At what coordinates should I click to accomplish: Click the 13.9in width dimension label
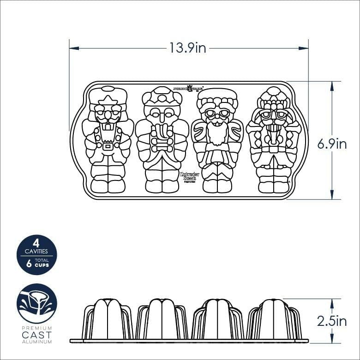click(188, 48)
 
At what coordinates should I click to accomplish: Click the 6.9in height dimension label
click(331, 144)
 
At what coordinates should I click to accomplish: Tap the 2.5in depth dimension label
click(331, 321)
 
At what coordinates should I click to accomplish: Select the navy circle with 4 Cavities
click(37, 255)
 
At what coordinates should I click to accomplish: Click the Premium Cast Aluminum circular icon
click(37, 304)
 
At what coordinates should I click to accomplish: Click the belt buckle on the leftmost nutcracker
click(108, 147)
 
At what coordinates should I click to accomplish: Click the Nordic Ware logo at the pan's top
click(188, 88)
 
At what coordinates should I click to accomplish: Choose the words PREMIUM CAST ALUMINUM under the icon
click(37, 335)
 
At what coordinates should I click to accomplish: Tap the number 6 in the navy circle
click(29, 264)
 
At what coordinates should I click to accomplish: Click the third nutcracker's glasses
click(217, 114)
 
